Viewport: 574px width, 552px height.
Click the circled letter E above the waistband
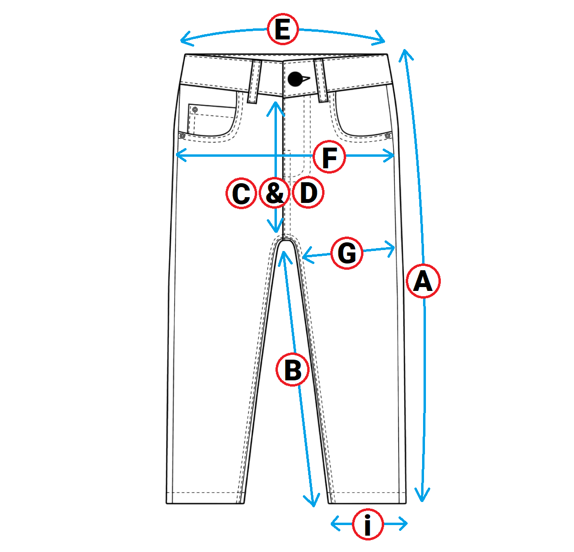tap(283, 30)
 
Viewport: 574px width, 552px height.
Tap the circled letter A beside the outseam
tap(423, 281)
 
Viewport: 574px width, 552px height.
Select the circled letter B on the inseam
tap(292, 370)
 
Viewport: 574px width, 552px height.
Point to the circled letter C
tap(241, 193)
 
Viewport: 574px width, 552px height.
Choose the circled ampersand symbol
tap(275, 193)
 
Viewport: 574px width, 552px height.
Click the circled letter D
tap(308, 193)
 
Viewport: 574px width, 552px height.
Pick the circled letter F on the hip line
tap(329, 157)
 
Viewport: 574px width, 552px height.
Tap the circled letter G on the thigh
tap(347, 252)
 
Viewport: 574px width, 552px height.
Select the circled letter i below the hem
tap(368, 525)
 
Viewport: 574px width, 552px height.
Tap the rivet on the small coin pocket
tap(195, 110)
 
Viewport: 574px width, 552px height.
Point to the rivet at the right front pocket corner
tap(387, 136)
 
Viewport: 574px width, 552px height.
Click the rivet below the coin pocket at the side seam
tap(182, 136)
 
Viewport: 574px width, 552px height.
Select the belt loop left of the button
tap(254, 81)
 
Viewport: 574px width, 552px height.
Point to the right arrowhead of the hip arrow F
tap(394, 155)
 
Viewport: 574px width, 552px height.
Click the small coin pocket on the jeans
tap(212, 119)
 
